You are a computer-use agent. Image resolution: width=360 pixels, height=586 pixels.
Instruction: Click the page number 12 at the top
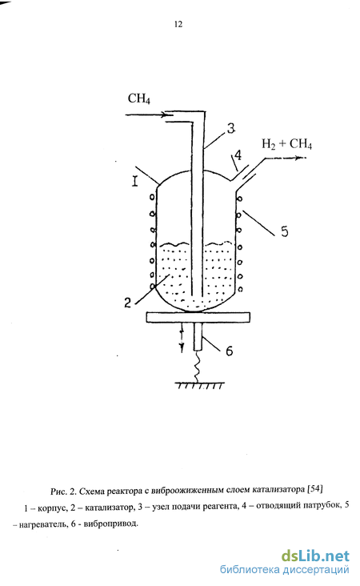(178, 24)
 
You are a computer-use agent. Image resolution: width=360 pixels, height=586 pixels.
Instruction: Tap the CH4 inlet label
(139, 98)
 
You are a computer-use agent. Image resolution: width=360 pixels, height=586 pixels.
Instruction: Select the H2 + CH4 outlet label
(286, 144)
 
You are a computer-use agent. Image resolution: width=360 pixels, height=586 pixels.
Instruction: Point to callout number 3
(231, 128)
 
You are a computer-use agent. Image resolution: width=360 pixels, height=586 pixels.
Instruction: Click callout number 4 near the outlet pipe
(238, 155)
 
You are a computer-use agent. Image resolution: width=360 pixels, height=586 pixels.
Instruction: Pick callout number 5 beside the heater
(285, 231)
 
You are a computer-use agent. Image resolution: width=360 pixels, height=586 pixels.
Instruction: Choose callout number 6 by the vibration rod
(230, 351)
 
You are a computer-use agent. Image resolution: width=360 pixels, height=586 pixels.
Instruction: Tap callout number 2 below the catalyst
(128, 303)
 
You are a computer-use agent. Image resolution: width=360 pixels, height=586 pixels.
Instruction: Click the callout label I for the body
(135, 182)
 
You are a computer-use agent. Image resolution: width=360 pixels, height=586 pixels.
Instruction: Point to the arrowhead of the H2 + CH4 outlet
(301, 158)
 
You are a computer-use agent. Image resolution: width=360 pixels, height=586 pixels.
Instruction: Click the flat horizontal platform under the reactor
(198, 317)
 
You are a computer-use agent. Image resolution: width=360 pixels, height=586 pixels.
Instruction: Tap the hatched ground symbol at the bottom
(200, 385)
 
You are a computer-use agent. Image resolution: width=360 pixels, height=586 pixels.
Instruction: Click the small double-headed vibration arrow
(182, 338)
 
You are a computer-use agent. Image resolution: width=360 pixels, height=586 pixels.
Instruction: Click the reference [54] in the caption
(314, 489)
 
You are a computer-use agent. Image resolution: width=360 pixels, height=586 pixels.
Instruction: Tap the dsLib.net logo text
(315, 556)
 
